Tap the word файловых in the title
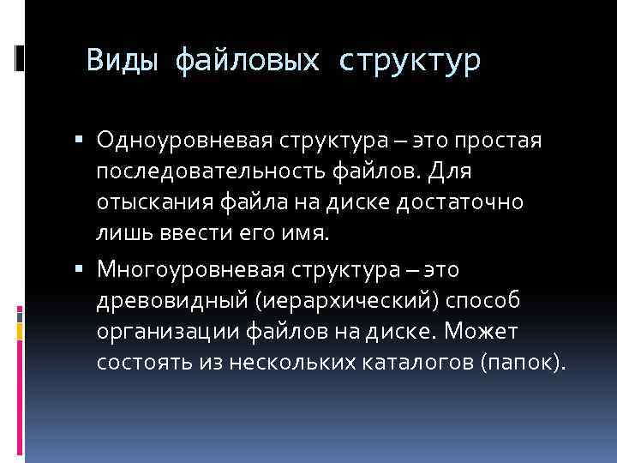click(x=248, y=62)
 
